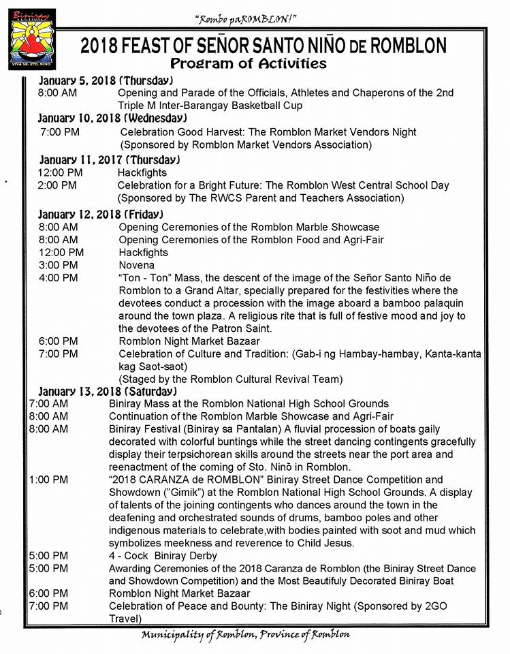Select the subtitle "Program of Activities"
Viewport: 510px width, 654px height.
[248, 64]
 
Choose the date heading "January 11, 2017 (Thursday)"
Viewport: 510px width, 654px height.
[109, 160]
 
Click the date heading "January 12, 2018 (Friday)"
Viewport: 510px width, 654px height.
[101, 214]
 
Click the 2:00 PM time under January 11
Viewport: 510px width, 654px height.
[57, 185]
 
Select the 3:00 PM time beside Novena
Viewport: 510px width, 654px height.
[58, 265]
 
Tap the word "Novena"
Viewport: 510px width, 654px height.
[136, 265]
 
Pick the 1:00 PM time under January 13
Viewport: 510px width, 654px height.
[48, 480]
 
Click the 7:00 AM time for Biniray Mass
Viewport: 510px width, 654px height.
[48, 404]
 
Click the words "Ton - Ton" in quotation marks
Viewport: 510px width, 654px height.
[144, 278]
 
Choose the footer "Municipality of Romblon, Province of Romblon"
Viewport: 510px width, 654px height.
[246, 635]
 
